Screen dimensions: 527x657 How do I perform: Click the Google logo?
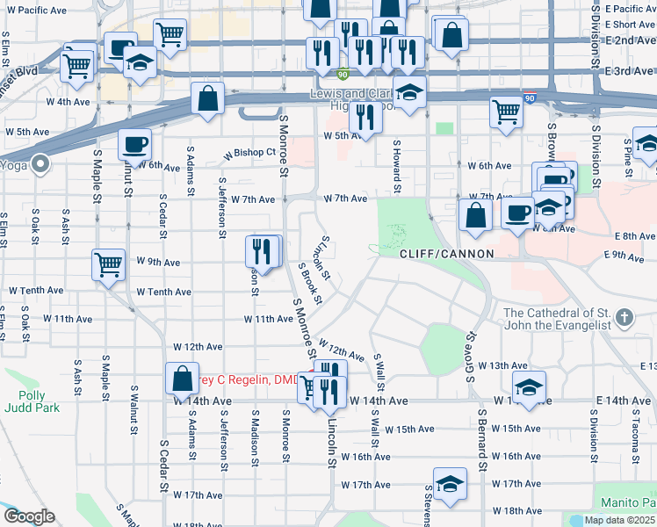click(x=28, y=516)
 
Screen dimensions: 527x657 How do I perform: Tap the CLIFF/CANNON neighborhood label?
click(x=446, y=254)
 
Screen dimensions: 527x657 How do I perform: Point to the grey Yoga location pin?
click(x=40, y=163)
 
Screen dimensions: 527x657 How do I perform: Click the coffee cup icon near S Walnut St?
click(x=134, y=143)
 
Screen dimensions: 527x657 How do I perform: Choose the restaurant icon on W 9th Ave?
click(x=262, y=250)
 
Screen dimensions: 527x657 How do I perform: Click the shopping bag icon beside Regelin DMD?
click(x=181, y=379)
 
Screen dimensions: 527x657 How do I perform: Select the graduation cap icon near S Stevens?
click(x=449, y=484)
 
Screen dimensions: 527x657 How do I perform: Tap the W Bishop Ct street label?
click(x=249, y=153)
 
